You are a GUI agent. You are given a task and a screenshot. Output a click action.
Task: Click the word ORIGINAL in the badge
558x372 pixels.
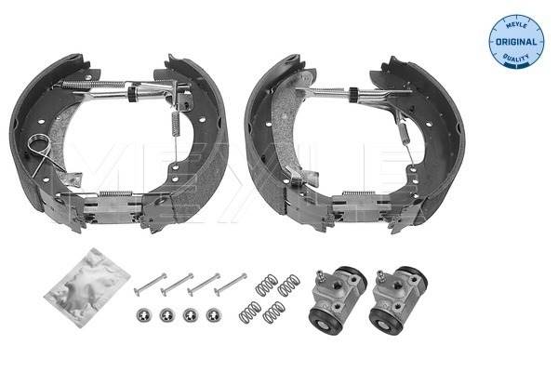pos(516,42)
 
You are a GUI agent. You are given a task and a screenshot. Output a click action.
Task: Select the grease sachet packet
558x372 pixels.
pos(87,287)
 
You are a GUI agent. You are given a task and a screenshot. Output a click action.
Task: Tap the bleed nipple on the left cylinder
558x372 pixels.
pos(320,277)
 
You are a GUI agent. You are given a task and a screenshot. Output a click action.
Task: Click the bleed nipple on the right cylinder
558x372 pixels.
pos(380,277)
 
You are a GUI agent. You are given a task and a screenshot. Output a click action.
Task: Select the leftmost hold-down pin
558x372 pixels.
pos(150,284)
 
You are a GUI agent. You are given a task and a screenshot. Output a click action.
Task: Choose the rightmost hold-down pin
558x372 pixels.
pos(231,284)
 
